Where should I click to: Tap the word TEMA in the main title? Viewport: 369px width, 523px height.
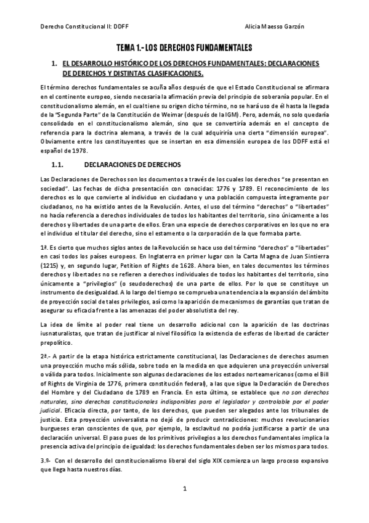128,47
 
